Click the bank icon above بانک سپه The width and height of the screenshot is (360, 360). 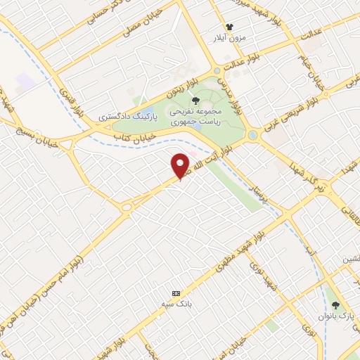(176, 293)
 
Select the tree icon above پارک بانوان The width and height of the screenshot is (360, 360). (336, 306)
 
